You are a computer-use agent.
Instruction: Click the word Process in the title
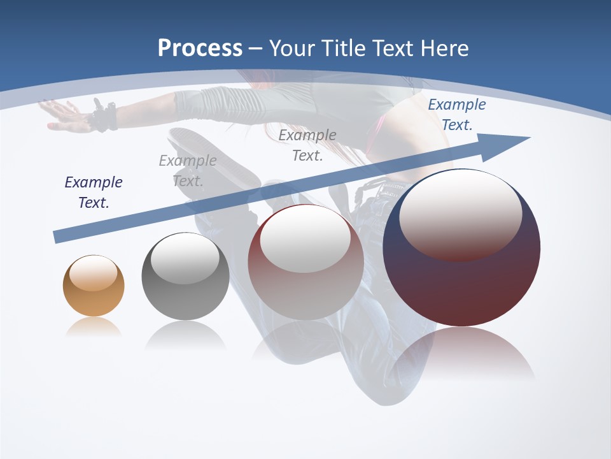[x=200, y=48]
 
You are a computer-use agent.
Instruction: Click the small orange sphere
[x=94, y=286]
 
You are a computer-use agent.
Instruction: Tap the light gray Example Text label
[x=187, y=170]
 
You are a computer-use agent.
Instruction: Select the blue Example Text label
[x=456, y=115]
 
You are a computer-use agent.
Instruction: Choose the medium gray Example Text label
[x=307, y=145]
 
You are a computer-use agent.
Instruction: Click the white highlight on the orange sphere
[x=94, y=273]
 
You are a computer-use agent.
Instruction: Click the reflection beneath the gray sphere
[x=185, y=335]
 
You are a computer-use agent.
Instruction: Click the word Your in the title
[x=293, y=48]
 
